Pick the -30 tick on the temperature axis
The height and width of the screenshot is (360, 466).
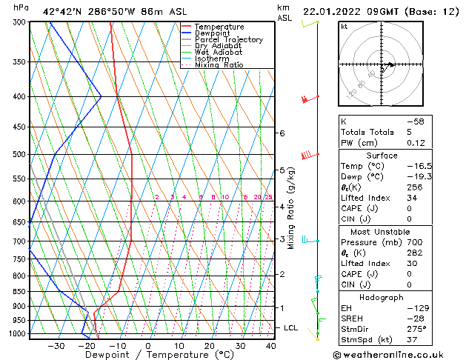coord(55,346)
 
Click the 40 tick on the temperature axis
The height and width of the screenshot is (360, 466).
coord(271,346)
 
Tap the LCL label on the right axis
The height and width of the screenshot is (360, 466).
coord(291,327)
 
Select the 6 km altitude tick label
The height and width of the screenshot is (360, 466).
coord(282,133)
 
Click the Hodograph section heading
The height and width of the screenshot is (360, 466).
coord(382,297)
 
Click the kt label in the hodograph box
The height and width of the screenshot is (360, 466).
coord(344,26)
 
